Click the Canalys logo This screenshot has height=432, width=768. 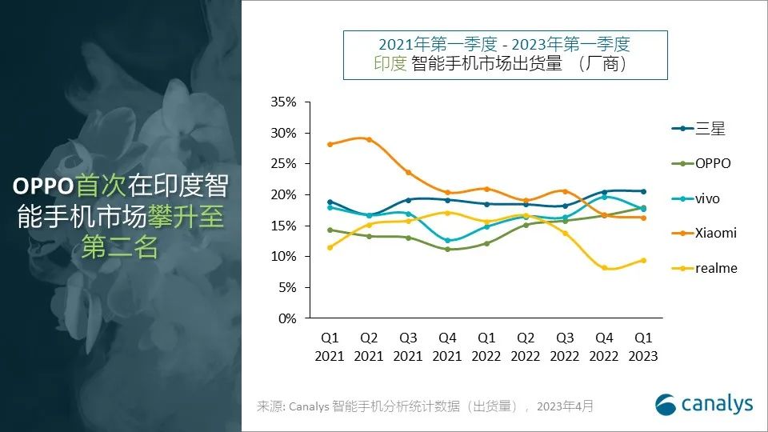(704, 404)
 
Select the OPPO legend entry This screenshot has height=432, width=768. (713, 163)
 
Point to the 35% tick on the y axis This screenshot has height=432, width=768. (284, 102)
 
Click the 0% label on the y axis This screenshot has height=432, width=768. (287, 318)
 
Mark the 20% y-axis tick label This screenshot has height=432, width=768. (284, 195)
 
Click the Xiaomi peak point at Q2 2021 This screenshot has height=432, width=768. (369, 139)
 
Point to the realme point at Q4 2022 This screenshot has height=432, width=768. (604, 268)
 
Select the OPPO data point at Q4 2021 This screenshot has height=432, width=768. (447, 249)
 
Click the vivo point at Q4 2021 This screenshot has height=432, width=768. (447, 241)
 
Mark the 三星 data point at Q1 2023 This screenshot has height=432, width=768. (642, 191)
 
